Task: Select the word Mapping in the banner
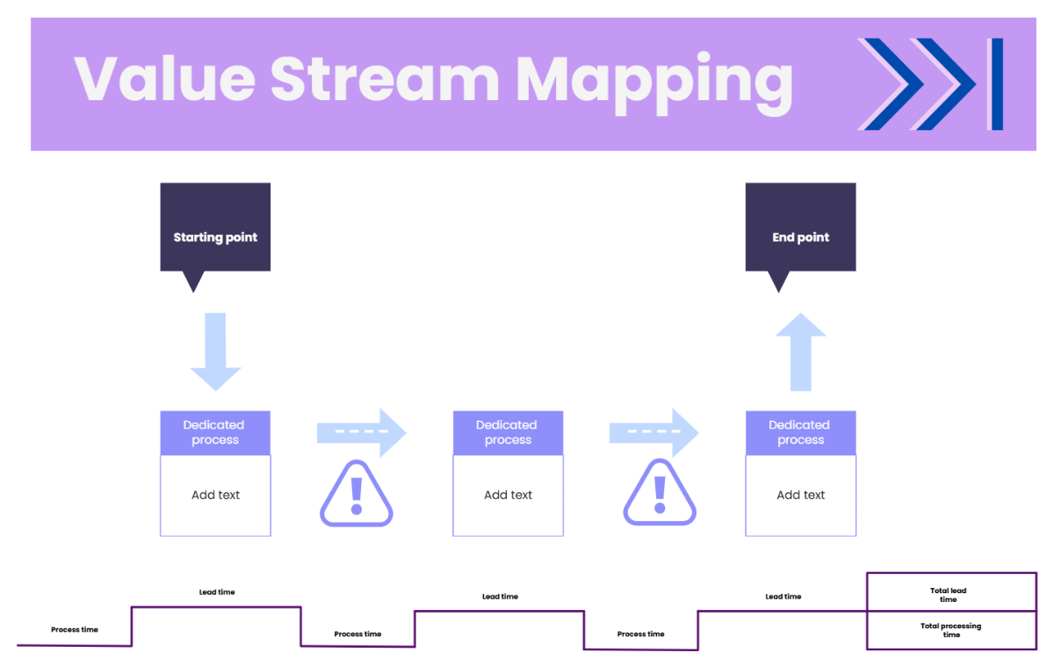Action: point(653,81)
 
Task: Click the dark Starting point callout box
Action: point(215,228)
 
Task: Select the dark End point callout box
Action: point(800,228)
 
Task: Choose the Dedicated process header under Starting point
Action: point(215,432)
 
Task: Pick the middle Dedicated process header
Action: point(508,432)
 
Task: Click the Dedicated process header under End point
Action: point(800,432)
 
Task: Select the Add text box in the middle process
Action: point(508,496)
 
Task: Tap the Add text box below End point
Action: point(800,496)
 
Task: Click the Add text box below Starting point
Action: point(215,496)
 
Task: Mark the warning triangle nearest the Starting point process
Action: point(356,495)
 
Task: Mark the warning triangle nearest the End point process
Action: point(660,495)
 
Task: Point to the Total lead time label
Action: point(948,595)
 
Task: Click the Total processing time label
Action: point(950,630)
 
